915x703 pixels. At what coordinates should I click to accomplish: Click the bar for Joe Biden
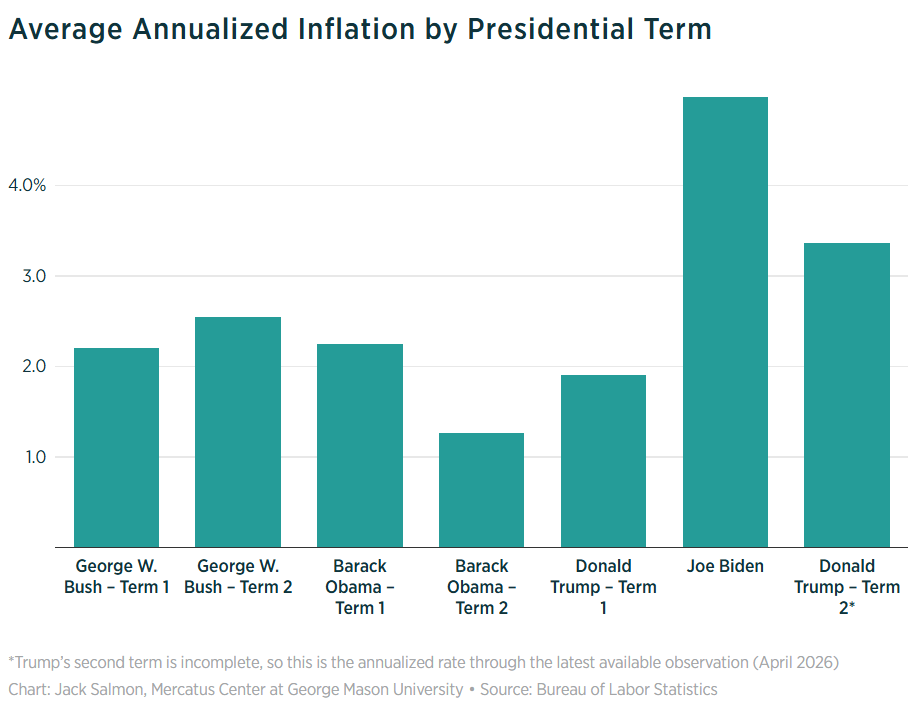tap(725, 322)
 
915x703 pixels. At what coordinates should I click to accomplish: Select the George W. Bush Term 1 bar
tap(116, 447)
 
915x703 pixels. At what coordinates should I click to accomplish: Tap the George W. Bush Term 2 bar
tap(238, 432)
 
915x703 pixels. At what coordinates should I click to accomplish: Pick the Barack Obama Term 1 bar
tap(359, 446)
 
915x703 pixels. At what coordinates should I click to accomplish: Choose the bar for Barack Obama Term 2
tap(481, 490)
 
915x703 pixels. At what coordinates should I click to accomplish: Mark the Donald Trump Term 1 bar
tap(603, 461)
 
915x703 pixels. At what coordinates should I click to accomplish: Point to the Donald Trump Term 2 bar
tap(847, 395)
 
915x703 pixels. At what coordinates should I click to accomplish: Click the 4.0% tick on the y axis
tap(27, 186)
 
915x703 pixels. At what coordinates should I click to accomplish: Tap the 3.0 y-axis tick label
tap(34, 276)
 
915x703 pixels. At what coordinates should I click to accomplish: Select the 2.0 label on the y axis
tap(34, 366)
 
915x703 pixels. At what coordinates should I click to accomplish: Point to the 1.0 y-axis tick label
tap(35, 457)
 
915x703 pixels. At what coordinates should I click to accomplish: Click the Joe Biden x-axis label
tap(725, 566)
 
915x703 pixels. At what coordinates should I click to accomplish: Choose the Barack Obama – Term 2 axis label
tap(481, 587)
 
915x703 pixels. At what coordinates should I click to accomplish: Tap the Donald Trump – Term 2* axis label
tap(847, 587)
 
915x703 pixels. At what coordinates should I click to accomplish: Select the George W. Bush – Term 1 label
tap(116, 576)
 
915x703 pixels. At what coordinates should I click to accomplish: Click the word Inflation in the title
tap(360, 29)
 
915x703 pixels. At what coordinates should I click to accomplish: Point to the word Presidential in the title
tap(551, 29)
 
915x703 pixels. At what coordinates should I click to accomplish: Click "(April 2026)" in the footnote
tap(796, 663)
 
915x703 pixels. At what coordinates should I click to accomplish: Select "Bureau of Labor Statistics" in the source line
tap(627, 690)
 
